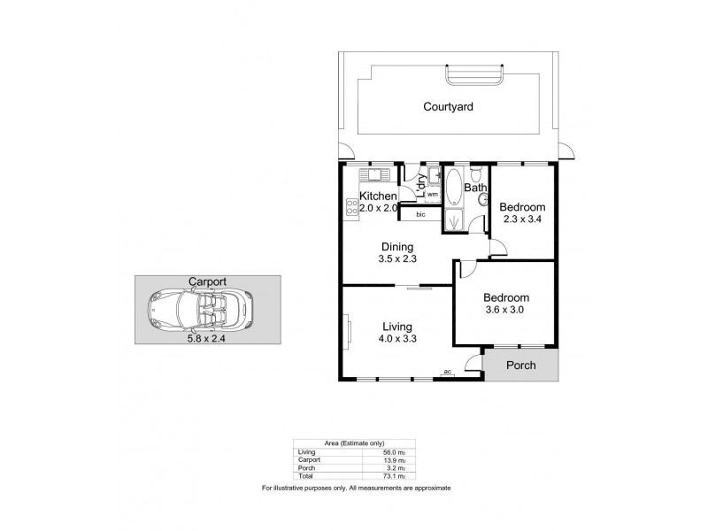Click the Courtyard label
(447, 106)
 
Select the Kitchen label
(377, 196)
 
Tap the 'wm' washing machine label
(433, 195)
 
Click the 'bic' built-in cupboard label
(421, 214)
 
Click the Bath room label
(476, 188)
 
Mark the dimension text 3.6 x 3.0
(506, 312)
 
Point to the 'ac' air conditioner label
(448, 373)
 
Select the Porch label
(522, 366)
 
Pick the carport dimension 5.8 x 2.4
(206, 336)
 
